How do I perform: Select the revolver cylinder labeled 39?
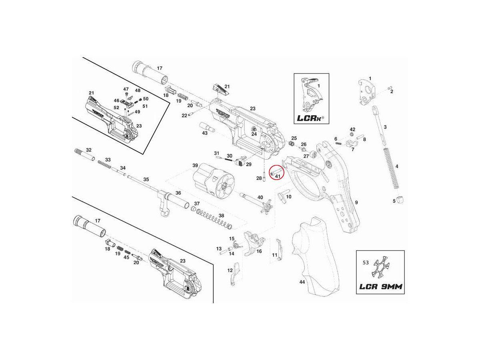pyautogui.click(x=211, y=182)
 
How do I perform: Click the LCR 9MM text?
pyautogui.click(x=380, y=287)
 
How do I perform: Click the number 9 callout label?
pyautogui.click(x=356, y=203)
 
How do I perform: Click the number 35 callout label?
pyautogui.click(x=146, y=179)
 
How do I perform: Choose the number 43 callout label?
pyautogui.click(x=205, y=133)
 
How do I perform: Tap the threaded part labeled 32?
pyautogui.click(x=84, y=155)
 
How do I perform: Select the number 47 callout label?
pyautogui.click(x=126, y=89)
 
